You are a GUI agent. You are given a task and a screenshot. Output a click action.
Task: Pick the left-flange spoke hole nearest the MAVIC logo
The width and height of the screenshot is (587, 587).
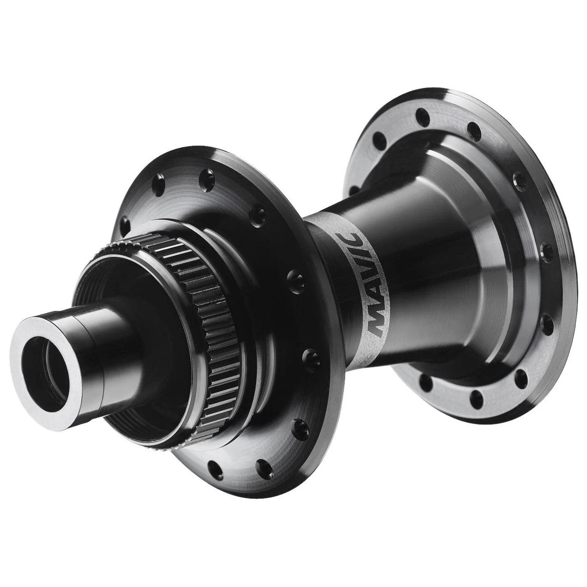(x=290, y=275)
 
